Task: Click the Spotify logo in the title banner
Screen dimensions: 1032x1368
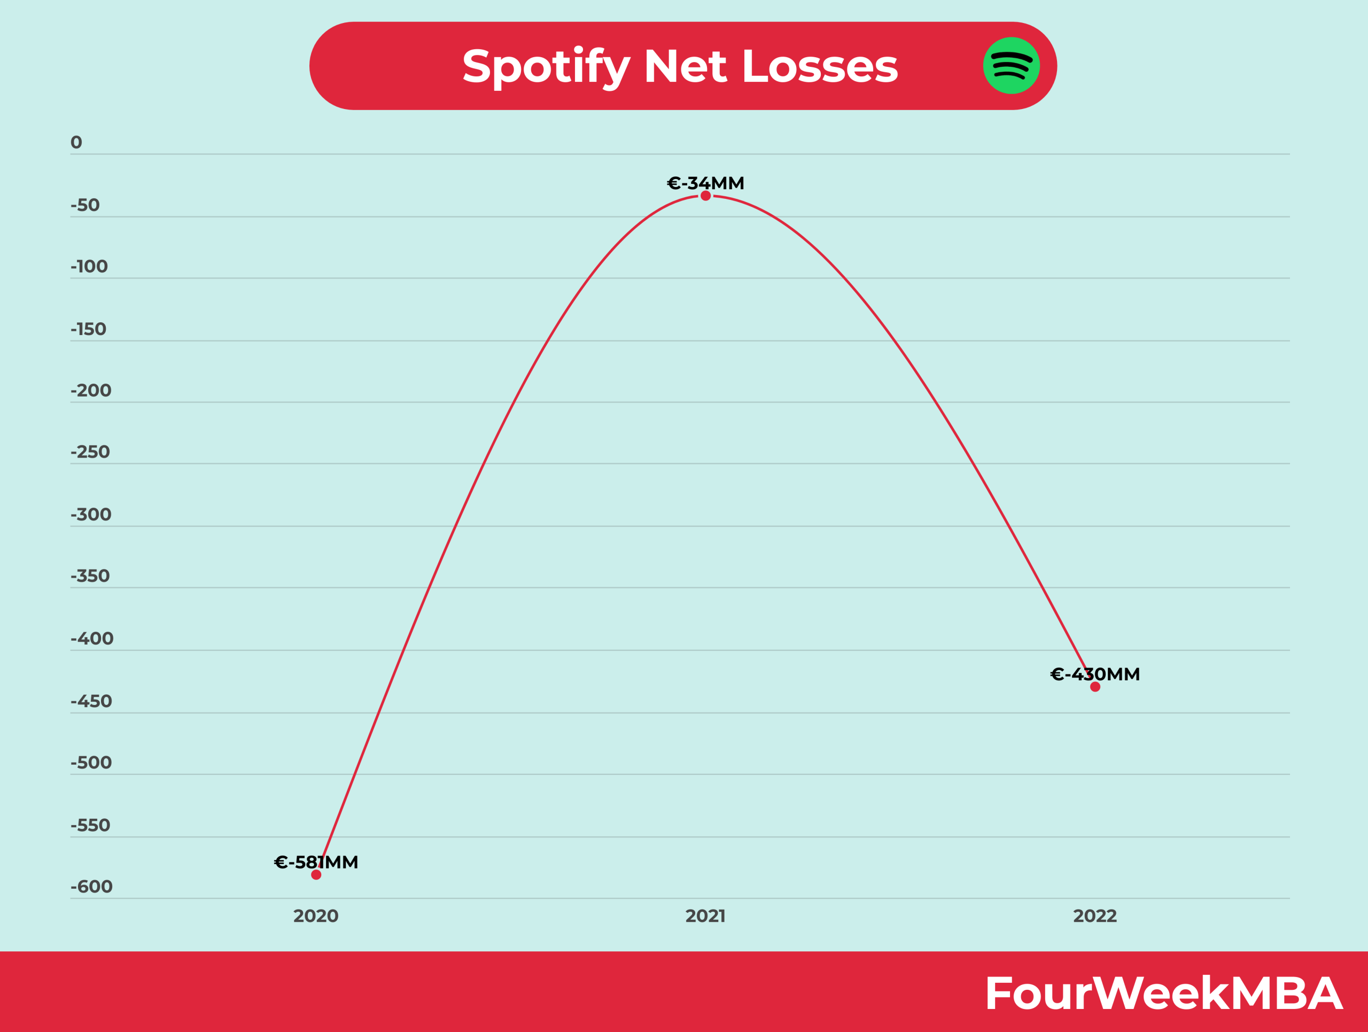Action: (1011, 66)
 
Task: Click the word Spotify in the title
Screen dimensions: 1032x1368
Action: (546, 67)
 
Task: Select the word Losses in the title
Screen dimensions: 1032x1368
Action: (819, 66)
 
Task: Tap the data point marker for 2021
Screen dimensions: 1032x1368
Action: (706, 196)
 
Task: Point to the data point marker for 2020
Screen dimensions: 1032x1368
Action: (316, 875)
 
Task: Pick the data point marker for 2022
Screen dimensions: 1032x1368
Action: (1095, 687)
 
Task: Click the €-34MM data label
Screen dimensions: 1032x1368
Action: (706, 183)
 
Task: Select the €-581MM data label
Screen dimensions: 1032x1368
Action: (316, 862)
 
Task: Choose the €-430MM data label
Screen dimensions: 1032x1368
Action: (1095, 674)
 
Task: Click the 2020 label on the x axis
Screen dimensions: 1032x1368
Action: (316, 915)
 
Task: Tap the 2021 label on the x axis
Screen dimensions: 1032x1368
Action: (706, 915)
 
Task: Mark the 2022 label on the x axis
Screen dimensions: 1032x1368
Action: (1095, 915)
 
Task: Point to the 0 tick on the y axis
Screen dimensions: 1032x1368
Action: (76, 143)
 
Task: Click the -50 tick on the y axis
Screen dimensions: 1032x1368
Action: (85, 205)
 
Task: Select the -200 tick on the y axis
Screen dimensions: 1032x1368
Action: (91, 391)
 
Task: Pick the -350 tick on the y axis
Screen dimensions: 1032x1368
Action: (90, 576)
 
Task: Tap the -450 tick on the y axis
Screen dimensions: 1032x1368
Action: (91, 701)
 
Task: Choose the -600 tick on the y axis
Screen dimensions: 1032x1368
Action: (91, 887)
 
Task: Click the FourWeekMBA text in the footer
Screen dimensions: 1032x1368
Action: (1163, 993)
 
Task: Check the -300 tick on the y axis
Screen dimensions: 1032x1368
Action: (91, 515)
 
